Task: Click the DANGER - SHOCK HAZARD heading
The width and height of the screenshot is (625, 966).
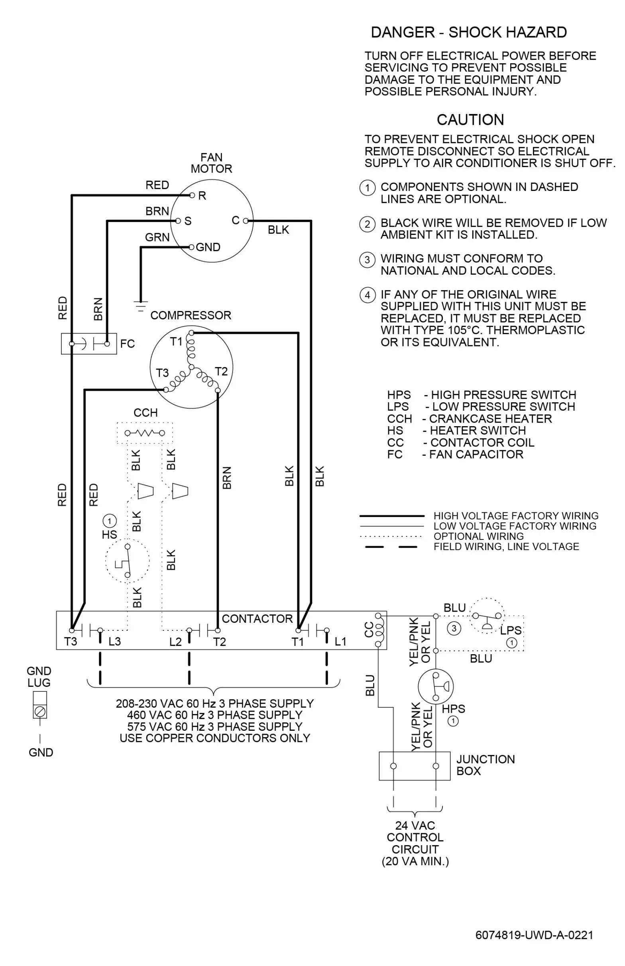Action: coord(469,32)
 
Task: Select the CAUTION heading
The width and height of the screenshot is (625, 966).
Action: coord(470,120)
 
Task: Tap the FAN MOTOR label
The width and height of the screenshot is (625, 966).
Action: coord(211,163)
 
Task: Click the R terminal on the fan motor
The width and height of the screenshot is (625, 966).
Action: coord(193,196)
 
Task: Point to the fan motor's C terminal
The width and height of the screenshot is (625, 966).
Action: coord(246,221)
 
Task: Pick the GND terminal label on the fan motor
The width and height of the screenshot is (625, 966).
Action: coord(208,247)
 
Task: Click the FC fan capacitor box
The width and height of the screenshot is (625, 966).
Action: coord(89,344)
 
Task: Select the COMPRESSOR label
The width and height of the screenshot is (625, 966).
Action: coord(191,315)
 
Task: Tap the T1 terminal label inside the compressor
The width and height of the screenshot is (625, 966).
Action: coord(176,342)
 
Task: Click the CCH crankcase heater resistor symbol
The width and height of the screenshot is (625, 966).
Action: coord(145,433)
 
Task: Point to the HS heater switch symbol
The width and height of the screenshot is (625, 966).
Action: coord(127,561)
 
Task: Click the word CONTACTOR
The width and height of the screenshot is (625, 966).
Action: coord(257,619)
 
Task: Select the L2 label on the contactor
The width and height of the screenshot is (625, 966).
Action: coord(175,642)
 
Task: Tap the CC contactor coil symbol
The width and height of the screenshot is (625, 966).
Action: coord(379,630)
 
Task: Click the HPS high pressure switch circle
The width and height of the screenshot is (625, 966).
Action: coord(436,687)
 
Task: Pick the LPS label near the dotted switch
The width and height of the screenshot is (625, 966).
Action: coord(511,630)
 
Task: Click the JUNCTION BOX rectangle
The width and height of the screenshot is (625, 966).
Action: coord(415,766)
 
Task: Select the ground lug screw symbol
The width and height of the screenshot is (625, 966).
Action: coord(40,712)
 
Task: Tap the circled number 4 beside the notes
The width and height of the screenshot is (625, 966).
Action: coord(367,295)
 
